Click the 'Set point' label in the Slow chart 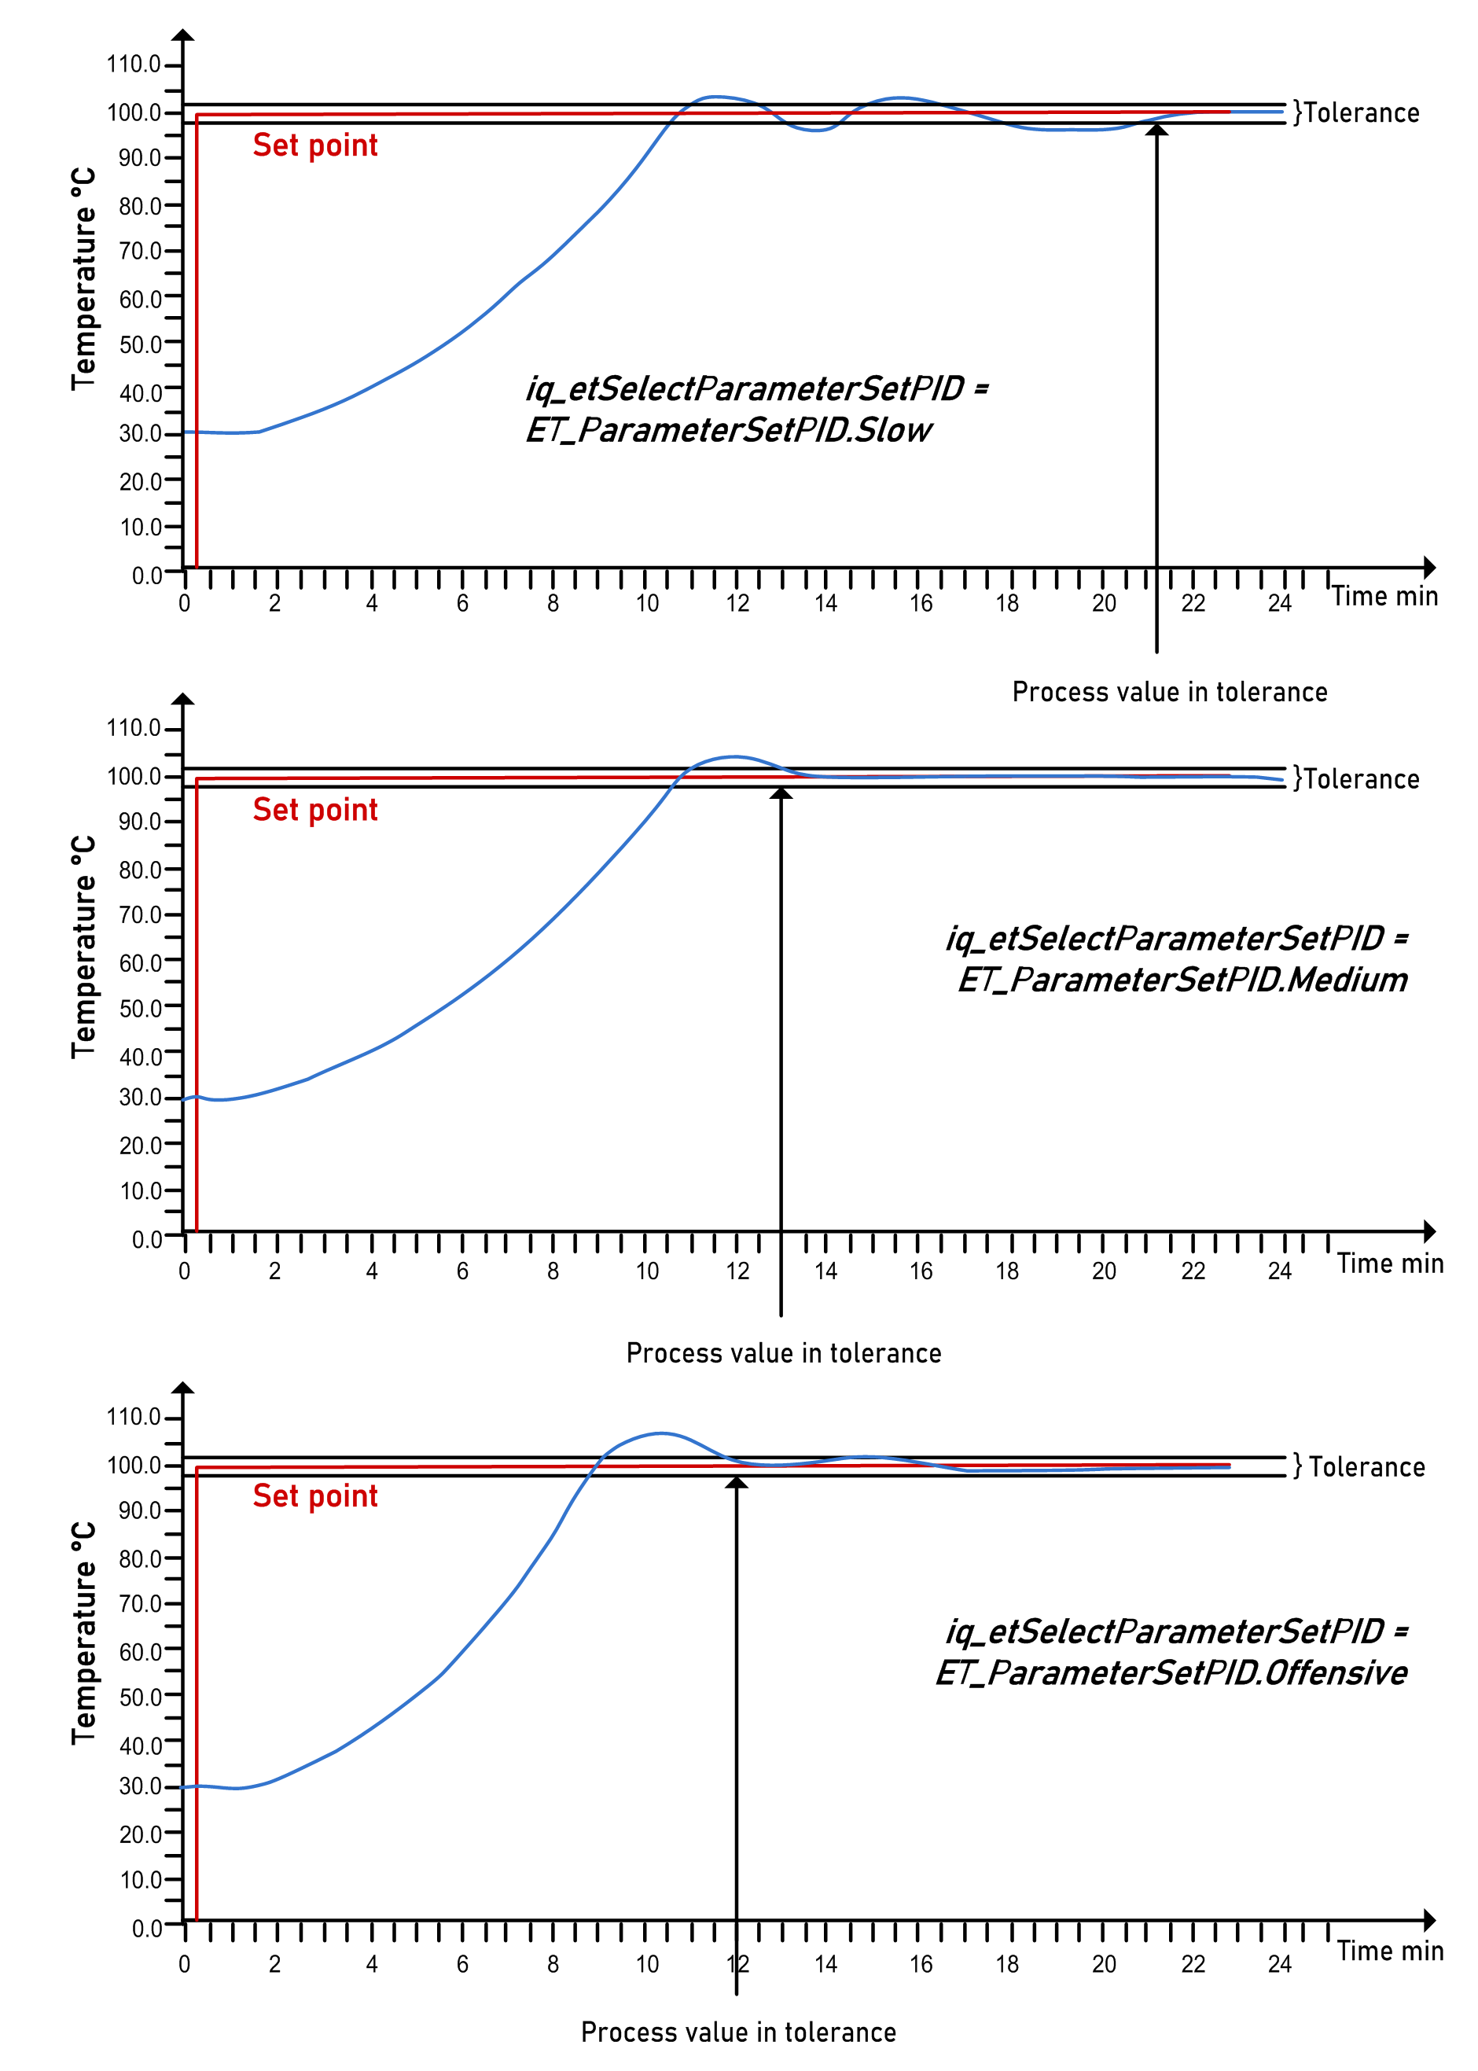tap(315, 145)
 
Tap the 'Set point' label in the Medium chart tap(315, 810)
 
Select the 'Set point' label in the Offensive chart tap(315, 1496)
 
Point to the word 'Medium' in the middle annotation tap(1347, 980)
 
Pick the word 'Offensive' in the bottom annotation tap(1336, 1672)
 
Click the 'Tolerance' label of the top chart tap(1361, 113)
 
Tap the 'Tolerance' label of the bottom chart tap(1366, 1467)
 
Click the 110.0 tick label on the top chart tap(134, 64)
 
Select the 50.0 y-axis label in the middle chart tap(140, 1008)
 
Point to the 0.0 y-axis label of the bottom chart tap(146, 1928)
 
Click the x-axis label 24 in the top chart tap(1280, 603)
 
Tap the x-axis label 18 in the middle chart tap(1006, 1271)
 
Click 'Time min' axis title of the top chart tap(1384, 596)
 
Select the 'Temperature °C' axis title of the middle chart tap(83, 947)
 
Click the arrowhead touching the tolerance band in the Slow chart tap(1156, 130)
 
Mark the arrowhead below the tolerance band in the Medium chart tap(781, 793)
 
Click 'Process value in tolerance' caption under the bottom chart tap(738, 2032)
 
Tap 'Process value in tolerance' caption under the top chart tap(1170, 692)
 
